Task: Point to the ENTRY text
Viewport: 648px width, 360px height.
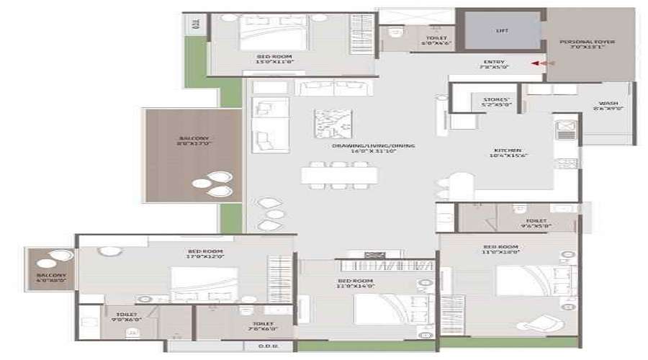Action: pos(495,65)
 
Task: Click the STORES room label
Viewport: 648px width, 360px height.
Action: pos(496,102)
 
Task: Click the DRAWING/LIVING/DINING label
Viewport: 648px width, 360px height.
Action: pos(373,149)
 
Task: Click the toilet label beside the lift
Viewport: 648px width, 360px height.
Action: pos(436,41)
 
